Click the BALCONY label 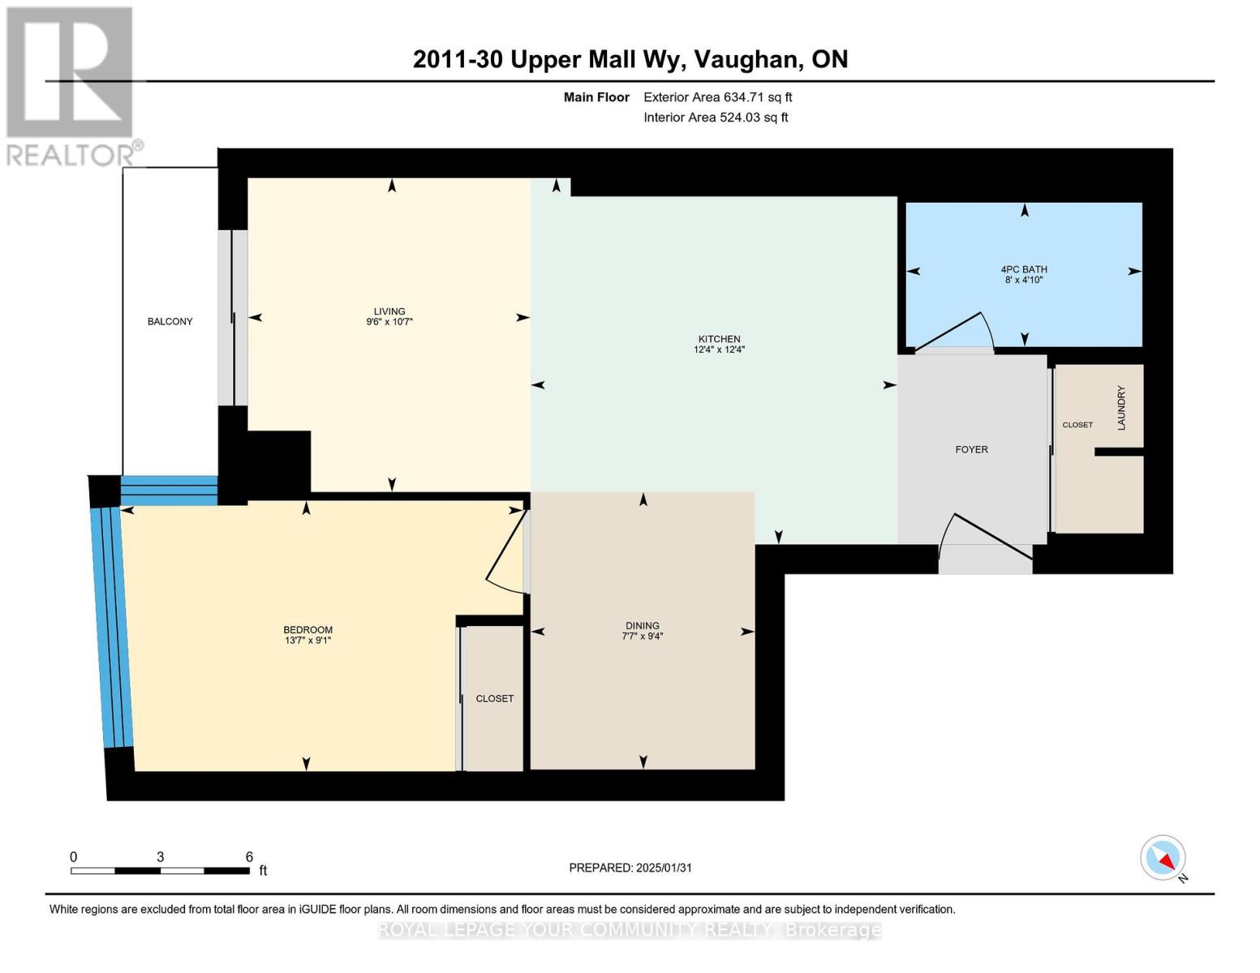170,322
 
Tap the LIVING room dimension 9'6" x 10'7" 389,322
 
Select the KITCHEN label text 719,339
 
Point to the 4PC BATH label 1023,269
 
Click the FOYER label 971,449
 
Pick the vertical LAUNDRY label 1121,408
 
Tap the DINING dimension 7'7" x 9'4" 642,637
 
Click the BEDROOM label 307,630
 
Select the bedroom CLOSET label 494,698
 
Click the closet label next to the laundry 1077,425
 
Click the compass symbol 1163,858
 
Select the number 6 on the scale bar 249,857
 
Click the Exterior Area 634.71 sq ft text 717,97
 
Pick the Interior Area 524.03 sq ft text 716,118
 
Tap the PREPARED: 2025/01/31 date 630,868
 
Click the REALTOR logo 71,85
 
